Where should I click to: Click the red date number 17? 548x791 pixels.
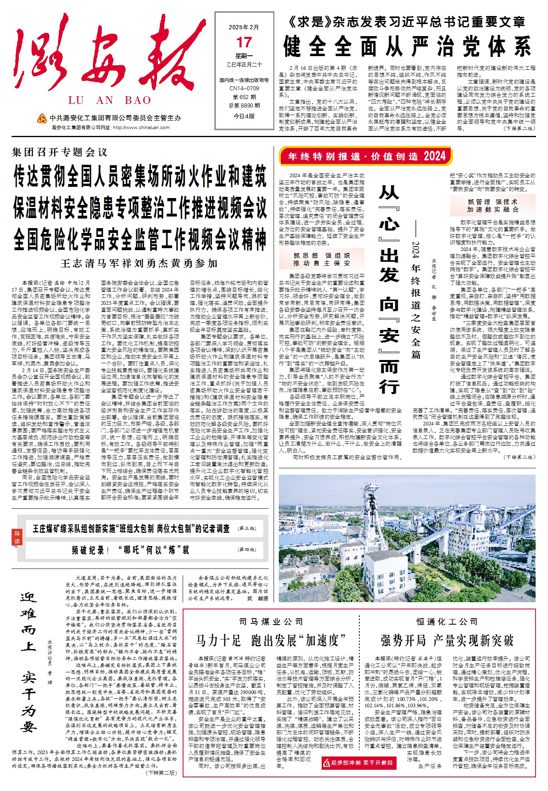click(244, 42)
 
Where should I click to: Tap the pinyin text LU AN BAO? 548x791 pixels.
click(109, 100)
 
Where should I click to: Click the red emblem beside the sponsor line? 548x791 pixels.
click(42, 118)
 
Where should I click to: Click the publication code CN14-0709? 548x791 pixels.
click(244, 88)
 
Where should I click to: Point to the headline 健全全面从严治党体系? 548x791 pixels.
click(407, 47)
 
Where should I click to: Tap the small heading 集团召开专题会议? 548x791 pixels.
click(60, 152)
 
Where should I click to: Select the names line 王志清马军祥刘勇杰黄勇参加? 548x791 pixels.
click(139, 263)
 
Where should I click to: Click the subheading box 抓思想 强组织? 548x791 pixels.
click(322, 259)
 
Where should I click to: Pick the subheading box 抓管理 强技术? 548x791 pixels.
click(493, 206)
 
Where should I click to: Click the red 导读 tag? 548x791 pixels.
click(17, 537)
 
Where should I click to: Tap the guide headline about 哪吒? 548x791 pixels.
click(131, 550)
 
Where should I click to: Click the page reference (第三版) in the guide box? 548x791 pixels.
click(247, 528)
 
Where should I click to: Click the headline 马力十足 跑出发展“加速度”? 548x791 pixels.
click(271, 641)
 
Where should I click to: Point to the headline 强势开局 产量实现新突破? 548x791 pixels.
click(447, 641)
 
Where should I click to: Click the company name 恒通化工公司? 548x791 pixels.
click(447, 622)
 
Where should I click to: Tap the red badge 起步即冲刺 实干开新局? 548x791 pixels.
click(359, 763)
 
